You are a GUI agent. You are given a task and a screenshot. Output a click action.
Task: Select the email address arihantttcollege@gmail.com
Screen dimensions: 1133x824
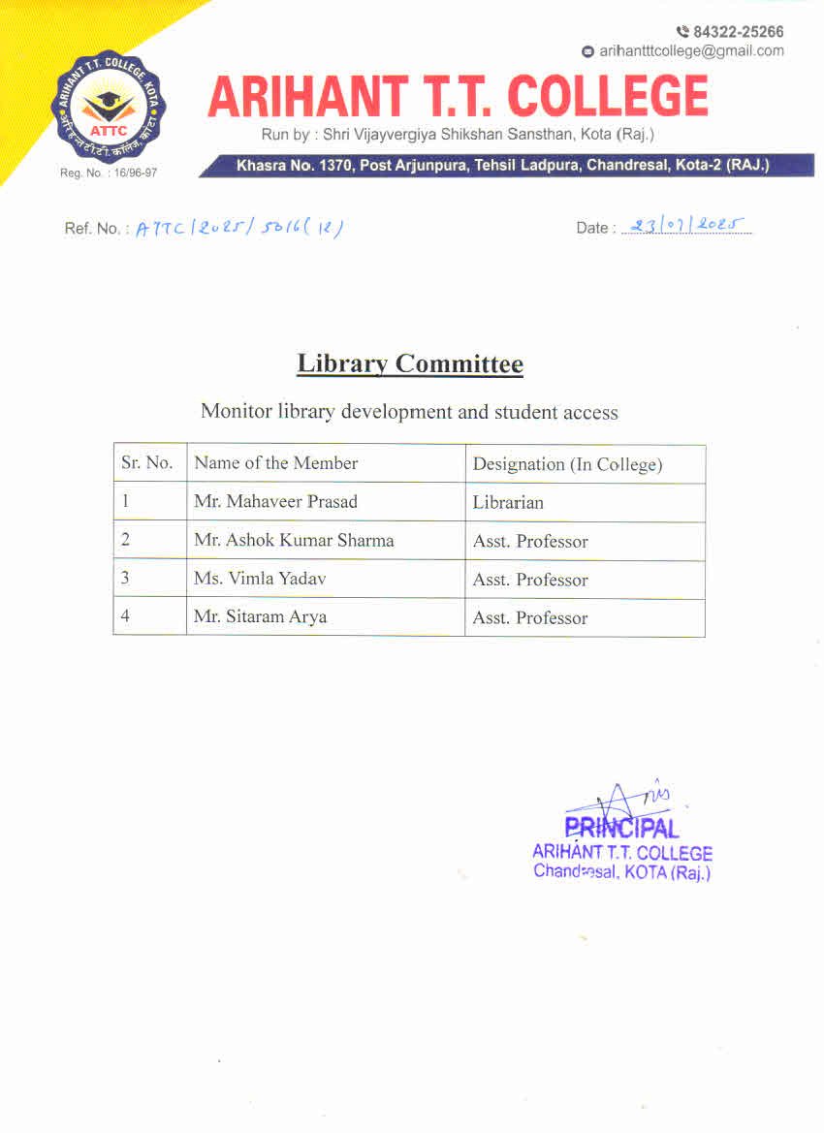[x=691, y=51]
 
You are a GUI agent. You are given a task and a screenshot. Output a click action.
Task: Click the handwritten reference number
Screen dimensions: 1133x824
[x=239, y=228]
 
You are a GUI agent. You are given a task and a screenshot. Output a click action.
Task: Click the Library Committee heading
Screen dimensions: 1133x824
[x=410, y=364]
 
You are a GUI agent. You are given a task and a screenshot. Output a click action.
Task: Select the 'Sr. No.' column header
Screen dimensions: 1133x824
[x=147, y=463]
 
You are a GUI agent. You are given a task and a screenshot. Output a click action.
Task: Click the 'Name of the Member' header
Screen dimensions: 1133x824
[x=276, y=463]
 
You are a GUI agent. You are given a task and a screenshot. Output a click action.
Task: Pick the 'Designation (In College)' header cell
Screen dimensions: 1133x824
[x=567, y=464]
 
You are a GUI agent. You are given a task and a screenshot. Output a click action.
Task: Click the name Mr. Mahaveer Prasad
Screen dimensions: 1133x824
[x=275, y=502]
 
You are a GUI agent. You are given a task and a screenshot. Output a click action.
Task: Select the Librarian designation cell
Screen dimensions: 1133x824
[x=508, y=503]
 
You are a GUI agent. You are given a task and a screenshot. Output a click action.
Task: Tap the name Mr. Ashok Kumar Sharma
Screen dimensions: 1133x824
[x=294, y=541]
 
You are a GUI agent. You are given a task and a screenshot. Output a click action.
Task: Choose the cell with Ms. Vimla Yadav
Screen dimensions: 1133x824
[x=260, y=580]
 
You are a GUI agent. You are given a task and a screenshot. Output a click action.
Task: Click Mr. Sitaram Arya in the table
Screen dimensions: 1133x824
[x=260, y=617]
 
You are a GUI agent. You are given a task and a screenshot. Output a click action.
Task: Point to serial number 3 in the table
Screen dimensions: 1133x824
[x=124, y=580]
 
